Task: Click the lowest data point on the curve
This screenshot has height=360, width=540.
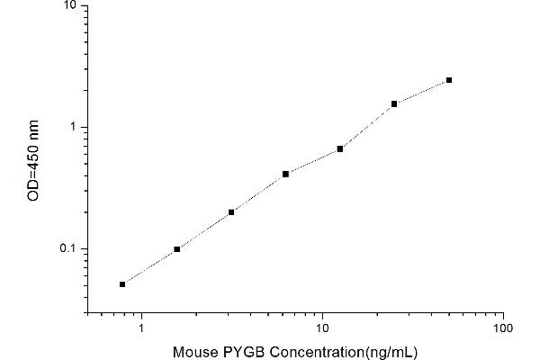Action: [122, 284]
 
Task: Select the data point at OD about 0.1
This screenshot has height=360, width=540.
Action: [176, 249]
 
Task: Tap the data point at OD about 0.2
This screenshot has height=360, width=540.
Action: [231, 212]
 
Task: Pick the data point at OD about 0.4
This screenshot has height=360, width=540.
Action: [285, 174]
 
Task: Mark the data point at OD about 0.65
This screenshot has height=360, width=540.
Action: [340, 148]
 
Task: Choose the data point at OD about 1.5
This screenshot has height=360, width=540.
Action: [394, 104]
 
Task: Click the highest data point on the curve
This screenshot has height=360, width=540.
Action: [448, 80]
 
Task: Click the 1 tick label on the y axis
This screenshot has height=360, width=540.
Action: [73, 127]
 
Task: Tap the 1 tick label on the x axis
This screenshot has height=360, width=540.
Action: [141, 328]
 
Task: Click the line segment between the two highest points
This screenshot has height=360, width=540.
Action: [421, 92]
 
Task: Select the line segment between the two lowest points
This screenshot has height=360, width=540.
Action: [149, 267]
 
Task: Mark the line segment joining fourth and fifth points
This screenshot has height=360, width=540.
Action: [313, 161]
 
